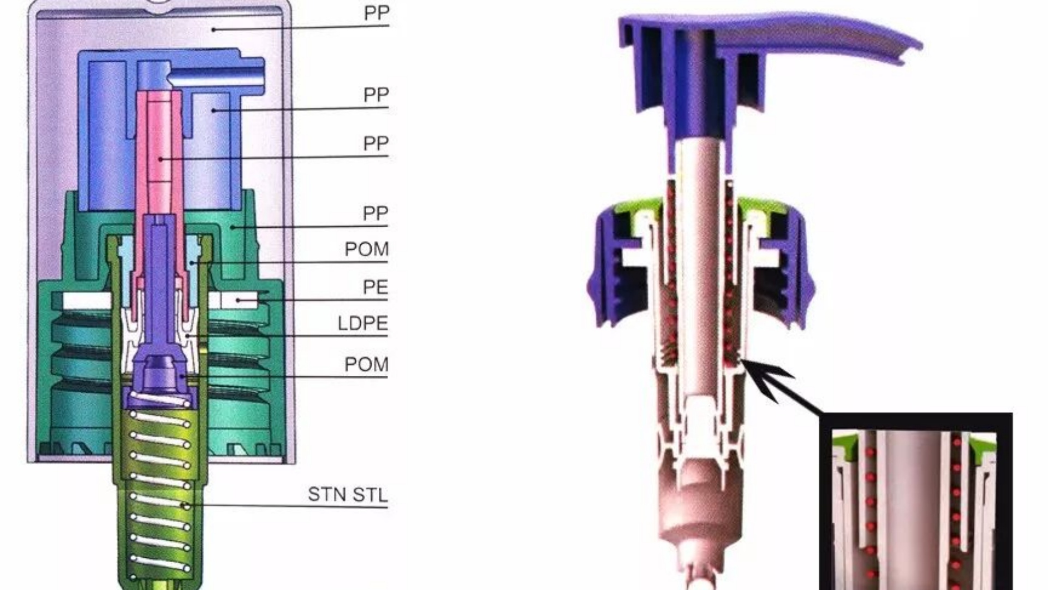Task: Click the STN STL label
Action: pos(347,494)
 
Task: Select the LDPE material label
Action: pos(362,323)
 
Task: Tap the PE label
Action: pos(375,287)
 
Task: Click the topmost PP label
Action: pos(376,13)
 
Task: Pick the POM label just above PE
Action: pos(366,250)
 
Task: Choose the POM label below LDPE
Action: pos(366,364)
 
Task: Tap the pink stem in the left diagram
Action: pos(160,153)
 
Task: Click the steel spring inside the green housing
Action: pos(161,492)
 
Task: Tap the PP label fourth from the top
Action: pos(375,213)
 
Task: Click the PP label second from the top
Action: pos(376,95)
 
